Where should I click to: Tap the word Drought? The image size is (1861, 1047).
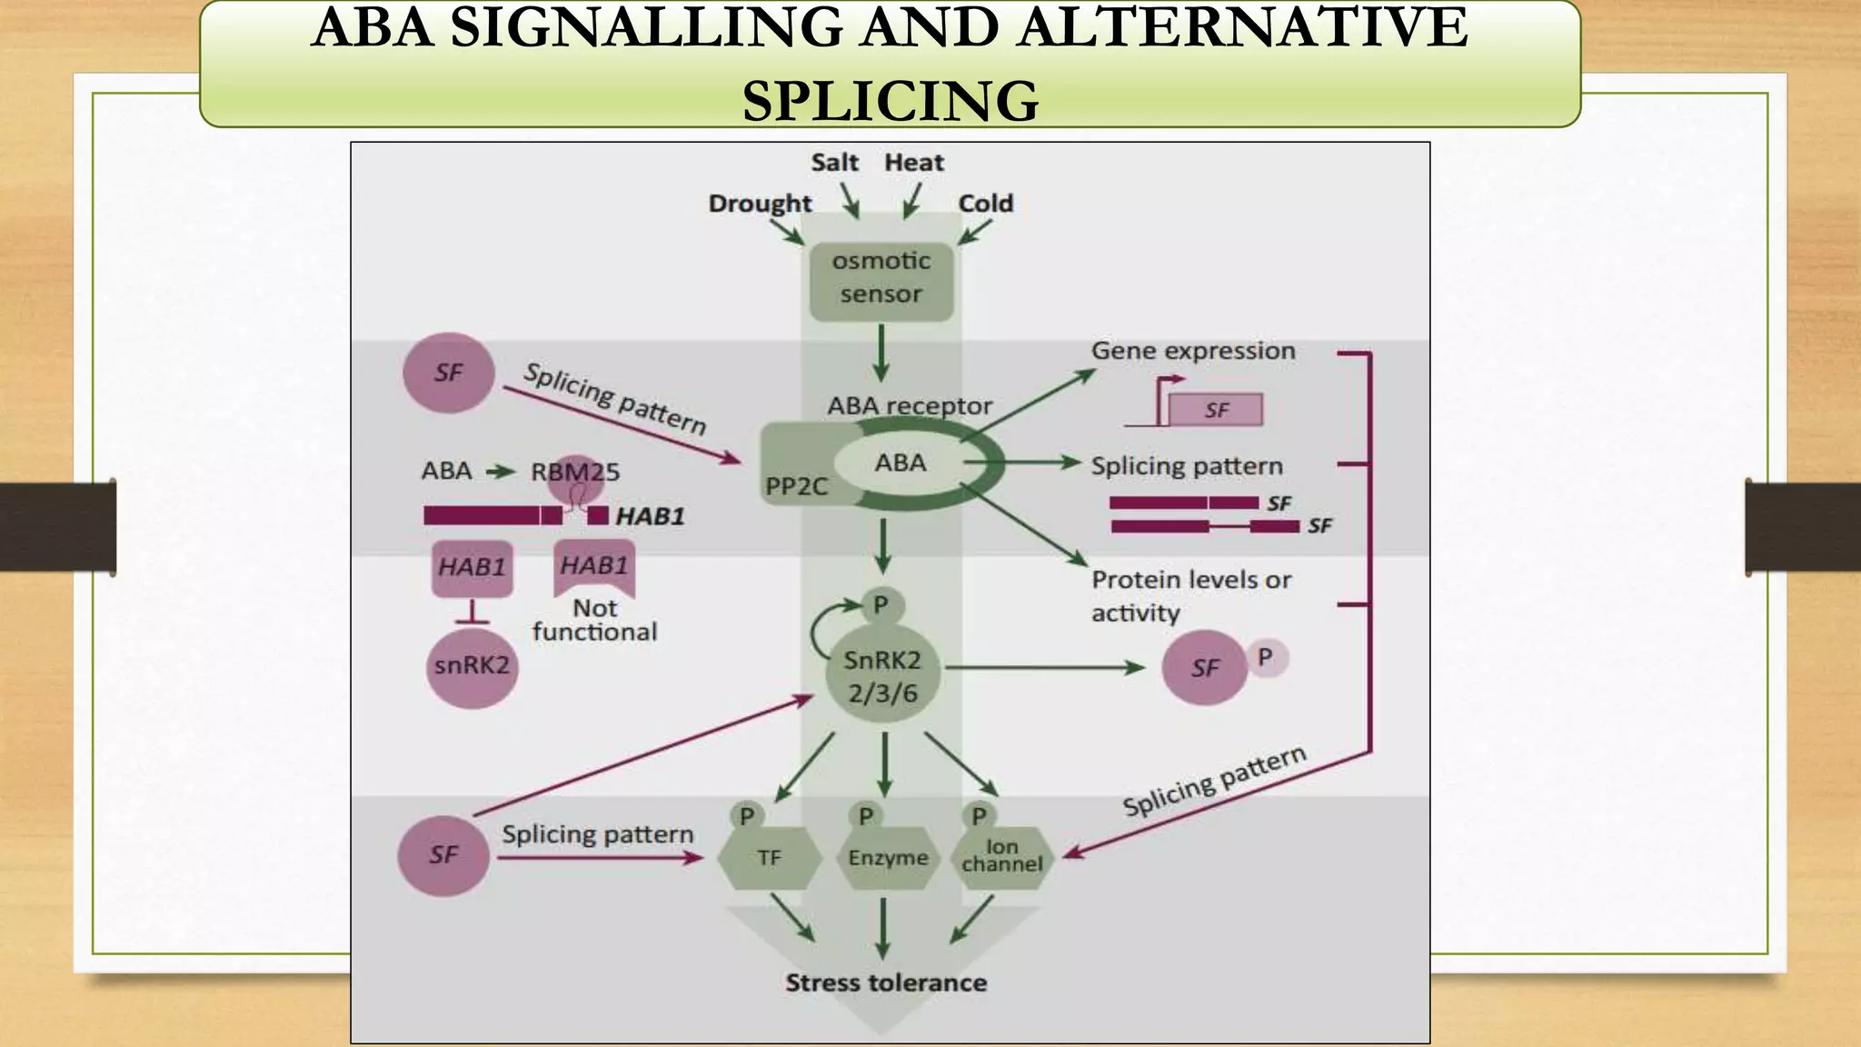point(760,204)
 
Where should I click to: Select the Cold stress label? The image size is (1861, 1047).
point(985,204)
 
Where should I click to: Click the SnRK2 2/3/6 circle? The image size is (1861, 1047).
point(882,677)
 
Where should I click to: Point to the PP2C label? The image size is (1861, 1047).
point(796,487)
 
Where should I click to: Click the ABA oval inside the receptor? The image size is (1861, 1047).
point(900,464)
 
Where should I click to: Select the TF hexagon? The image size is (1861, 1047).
point(769,858)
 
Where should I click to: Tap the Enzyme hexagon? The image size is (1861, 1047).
point(888,858)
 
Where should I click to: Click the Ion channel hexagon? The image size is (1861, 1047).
point(1001,856)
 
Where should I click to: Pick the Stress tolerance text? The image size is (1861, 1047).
point(886,982)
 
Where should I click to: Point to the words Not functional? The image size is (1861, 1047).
point(594,620)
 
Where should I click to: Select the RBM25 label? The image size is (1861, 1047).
point(574,473)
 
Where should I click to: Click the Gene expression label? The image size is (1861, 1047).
point(1193,351)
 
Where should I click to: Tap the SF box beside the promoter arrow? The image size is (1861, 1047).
point(1216,410)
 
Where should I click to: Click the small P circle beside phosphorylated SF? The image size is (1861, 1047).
point(1265,657)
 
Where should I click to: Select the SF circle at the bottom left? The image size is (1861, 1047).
point(443,855)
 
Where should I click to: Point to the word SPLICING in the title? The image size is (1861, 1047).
point(890,100)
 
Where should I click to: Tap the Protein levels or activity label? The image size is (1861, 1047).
point(1190,595)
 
